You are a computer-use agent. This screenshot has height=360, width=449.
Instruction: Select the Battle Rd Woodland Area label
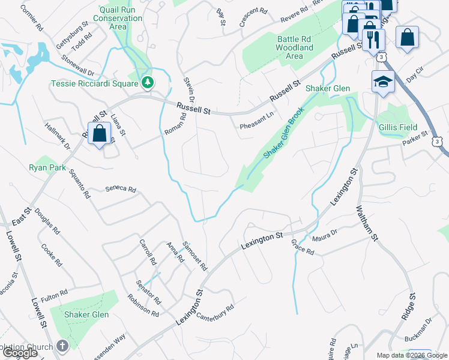294,47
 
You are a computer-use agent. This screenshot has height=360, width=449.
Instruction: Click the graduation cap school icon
382,82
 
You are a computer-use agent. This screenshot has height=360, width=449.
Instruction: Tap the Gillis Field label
397,127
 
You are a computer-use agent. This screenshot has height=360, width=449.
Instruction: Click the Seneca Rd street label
121,189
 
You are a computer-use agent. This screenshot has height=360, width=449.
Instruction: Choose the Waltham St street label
367,224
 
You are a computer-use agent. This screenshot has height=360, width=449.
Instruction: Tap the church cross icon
62,346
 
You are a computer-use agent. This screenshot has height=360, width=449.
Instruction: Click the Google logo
20,353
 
